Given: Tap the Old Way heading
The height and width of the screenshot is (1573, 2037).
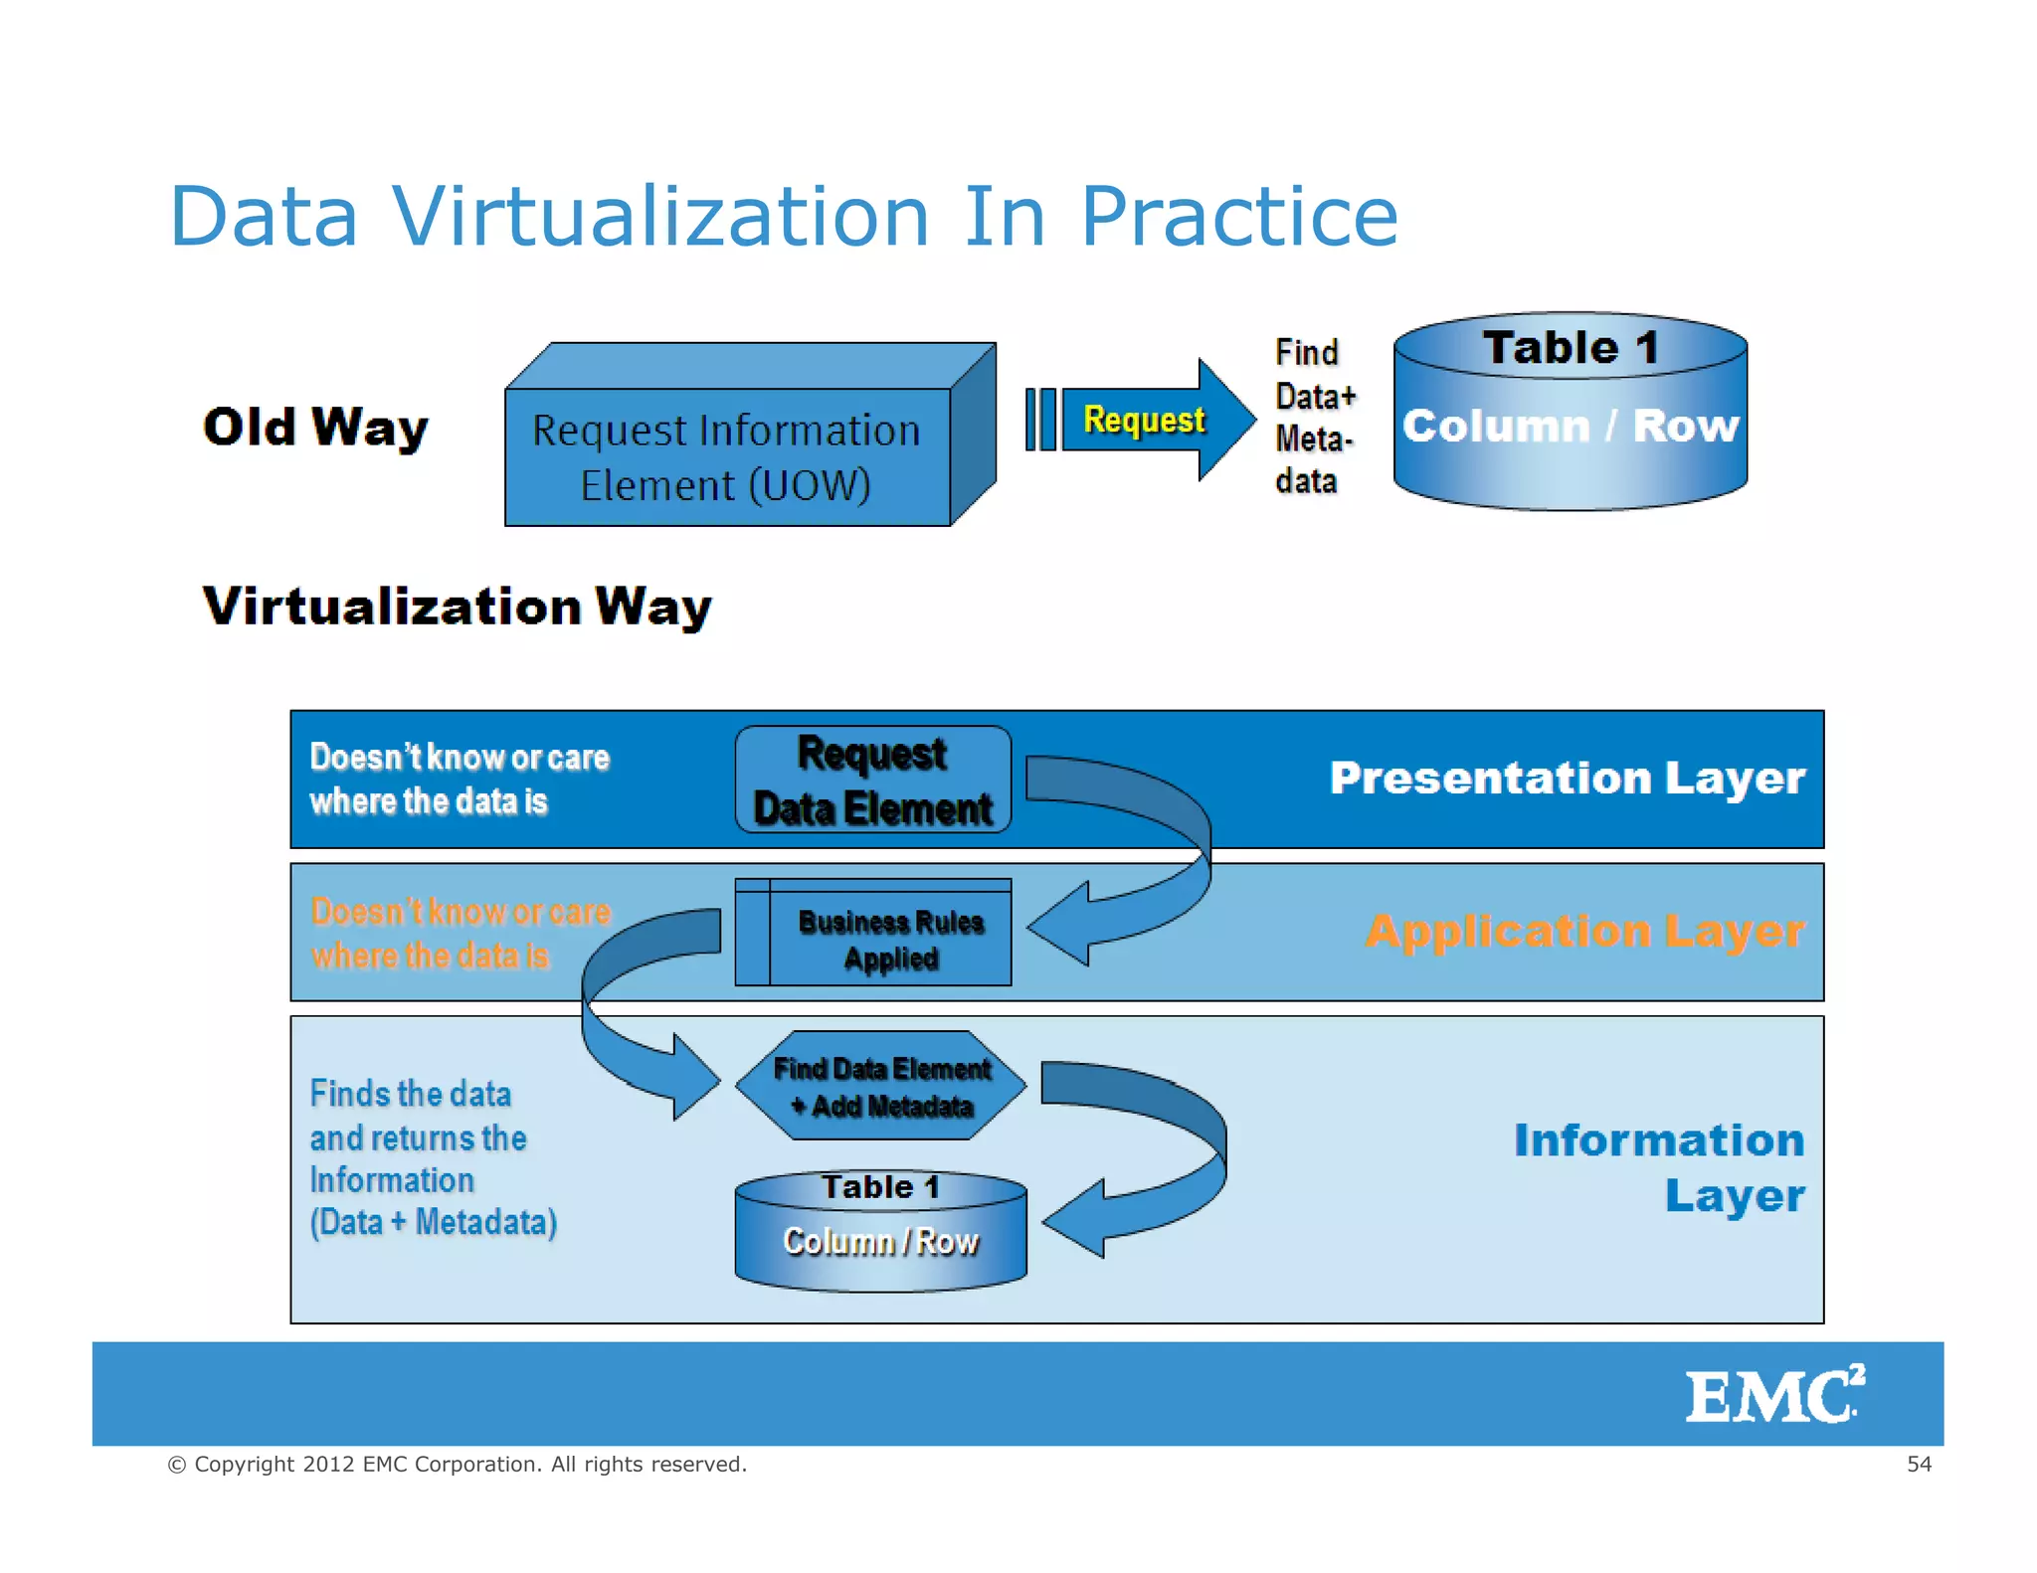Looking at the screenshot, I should [315, 428].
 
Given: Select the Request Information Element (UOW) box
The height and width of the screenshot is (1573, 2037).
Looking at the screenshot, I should [726, 457].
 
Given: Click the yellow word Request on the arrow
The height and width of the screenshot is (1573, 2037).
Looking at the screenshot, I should [1144, 420].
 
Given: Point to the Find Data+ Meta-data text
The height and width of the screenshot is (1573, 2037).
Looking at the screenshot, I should [1313, 417].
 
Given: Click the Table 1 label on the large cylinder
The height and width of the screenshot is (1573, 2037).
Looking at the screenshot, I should [1570, 348].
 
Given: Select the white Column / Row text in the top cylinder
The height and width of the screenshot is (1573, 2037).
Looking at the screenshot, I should [1570, 426].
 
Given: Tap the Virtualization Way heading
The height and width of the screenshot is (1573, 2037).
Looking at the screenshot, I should [458, 606].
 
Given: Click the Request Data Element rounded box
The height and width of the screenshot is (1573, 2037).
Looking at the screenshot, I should [872, 781].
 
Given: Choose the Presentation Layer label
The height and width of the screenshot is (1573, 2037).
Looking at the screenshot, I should [1567, 778].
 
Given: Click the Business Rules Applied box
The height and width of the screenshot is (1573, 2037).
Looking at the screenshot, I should [890, 939].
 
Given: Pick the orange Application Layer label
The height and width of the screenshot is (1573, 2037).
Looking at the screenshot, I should [1584, 932].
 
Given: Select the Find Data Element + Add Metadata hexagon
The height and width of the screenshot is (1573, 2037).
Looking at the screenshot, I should [881, 1086].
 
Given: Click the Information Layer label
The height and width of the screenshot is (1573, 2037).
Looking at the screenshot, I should [1659, 1166].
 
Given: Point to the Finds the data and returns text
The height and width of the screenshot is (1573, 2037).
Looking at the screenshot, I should [433, 1157].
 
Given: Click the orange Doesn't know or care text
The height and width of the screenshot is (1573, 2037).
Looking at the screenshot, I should [460, 933].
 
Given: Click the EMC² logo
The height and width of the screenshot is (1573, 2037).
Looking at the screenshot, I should [1773, 1394].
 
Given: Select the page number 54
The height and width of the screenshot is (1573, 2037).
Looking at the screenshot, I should [1919, 1464].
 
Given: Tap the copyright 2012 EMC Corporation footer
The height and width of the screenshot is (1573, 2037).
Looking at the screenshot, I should [458, 1464].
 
